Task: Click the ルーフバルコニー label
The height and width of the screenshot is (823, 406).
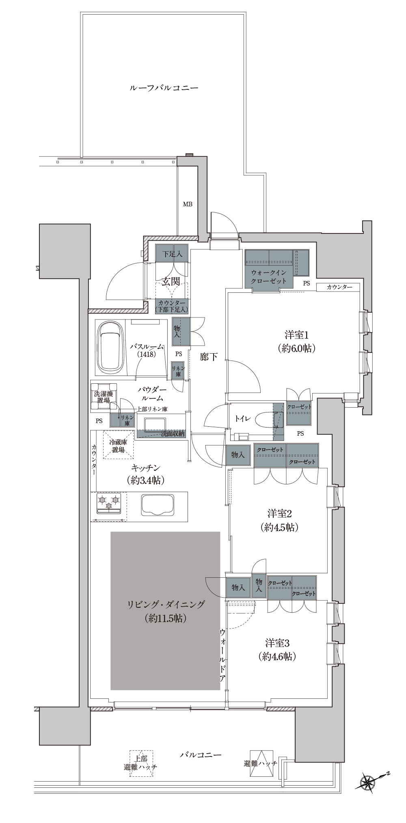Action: pos(164,88)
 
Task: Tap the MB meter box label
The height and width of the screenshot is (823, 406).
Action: pos(188,204)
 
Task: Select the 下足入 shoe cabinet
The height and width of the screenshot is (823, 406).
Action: pos(172,253)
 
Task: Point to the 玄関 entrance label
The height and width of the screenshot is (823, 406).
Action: pos(171,281)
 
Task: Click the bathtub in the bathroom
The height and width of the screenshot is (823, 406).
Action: pos(110,348)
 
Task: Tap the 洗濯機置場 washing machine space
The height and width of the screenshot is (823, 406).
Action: pos(104,396)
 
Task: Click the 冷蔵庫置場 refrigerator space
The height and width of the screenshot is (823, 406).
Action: pos(118,445)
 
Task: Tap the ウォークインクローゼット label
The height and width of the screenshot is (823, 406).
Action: pos(269,276)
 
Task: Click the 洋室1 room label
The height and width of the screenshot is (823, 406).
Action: pos(297,335)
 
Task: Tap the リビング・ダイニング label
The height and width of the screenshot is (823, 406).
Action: pos(166,605)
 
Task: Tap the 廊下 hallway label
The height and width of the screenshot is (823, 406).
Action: pos(209,357)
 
